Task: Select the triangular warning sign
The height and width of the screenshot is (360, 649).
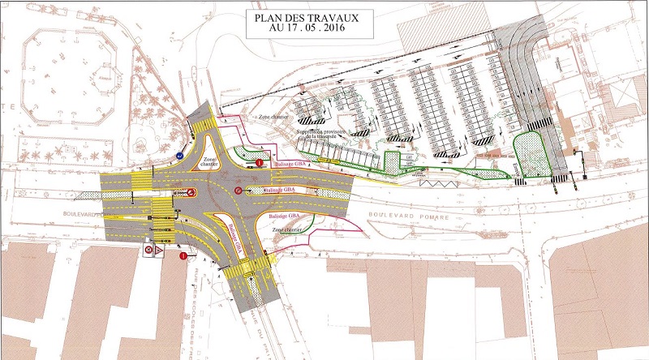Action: click(161, 251)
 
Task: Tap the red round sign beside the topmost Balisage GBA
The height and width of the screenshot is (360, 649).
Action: click(259, 163)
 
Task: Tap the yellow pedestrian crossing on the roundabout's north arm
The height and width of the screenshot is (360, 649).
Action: click(202, 123)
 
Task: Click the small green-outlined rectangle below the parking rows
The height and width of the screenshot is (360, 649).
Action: click(392, 161)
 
